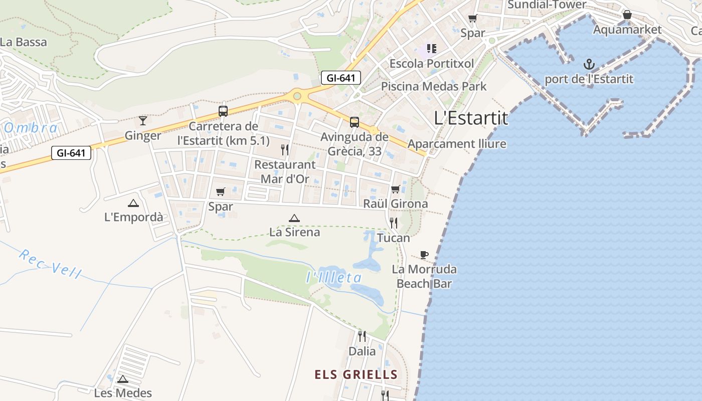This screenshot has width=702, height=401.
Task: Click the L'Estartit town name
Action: (x=471, y=118)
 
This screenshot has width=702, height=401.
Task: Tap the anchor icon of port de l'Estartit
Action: (x=589, y=64)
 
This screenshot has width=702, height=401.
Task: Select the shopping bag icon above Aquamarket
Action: (x=627, y=15)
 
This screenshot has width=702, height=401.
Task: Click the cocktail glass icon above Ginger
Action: (x=143, y=120)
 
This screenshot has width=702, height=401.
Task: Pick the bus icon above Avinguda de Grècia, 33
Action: (x=354, y=122)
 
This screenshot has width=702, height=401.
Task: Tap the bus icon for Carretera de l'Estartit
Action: (x=223, y=111)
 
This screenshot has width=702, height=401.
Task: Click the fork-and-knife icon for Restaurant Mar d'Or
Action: (x=285, y=149)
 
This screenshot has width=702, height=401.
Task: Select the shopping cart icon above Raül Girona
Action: (x=395, y=189)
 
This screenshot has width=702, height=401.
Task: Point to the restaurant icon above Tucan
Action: (x=394, y=223)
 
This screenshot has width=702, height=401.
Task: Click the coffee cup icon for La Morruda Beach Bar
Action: (x=424, y=255)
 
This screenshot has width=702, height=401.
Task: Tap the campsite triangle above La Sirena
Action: (x=294, y=218)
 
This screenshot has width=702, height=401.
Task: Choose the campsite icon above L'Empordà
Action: (x=133, y=203)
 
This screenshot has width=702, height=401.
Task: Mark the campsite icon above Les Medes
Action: (x=123, y=379)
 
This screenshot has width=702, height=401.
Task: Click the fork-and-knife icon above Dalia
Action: (x=362, y=336)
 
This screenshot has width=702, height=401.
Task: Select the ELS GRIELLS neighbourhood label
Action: (x=356, y=374)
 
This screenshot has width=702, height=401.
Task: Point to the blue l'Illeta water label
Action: (x=334, y=278)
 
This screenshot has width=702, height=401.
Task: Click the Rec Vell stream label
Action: (x=50, y=264)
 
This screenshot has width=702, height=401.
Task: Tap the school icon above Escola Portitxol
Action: (x=431, y=49)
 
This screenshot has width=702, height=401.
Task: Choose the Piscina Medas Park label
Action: (x=434, y=86)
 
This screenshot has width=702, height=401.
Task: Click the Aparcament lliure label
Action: (x=457, y=144)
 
